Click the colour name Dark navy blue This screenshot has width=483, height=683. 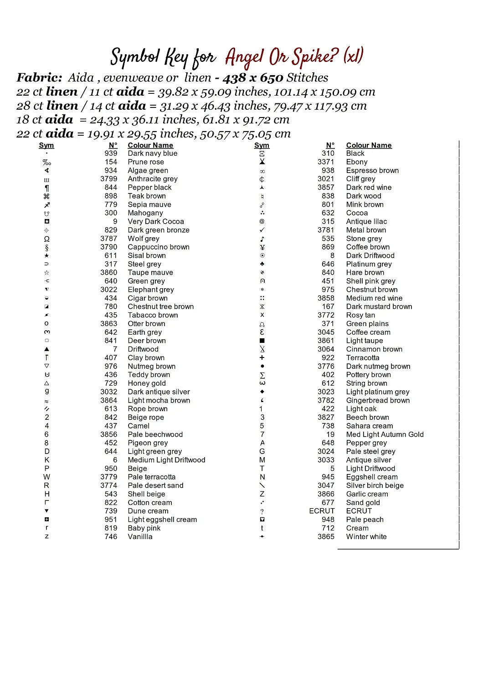pyautogui.click(x=152, y=153)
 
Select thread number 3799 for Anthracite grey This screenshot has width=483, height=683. pyautogui.click(x=108, y=179)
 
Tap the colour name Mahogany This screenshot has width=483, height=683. pyautogui.click(x=145, y=213)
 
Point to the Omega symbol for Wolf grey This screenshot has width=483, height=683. pyautogui.click(x=46, y=239)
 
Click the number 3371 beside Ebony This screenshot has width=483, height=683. pyautogui.click(x=326, y=162)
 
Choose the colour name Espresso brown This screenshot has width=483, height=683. pyautogui.click(x=372, y=171)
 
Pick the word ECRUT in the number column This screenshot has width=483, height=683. pyautogui.click(x=322, y=511)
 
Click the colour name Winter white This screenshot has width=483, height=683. pyautogui.click(x=366, y=537)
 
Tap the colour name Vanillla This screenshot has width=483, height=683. pyautogui.click(x=140, y=537)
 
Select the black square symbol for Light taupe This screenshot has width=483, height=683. pyautogui.click(x=262, y=341)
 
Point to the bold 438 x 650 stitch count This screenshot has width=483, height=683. pyautogui.click(x=253, y=78)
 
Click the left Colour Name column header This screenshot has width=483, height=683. pyautogui.click(x=150, y=145)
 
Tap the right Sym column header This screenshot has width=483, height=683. pyautogui.click(x=262, y=145)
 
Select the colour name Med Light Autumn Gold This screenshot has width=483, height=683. pyautogui.click(x=385, y=434)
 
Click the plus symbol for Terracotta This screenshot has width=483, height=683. pyautogui.click(x=262, y=358)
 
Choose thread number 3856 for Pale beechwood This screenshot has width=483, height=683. pyautogui.click(x=108, y=434)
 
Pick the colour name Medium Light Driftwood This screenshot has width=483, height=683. pyautogui.click(x=166, y=460)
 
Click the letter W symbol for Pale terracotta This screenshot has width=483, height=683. pyautogui.click(x=46, y=477)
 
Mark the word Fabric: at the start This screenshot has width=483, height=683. pyautogui.click(x=39, y=78)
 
